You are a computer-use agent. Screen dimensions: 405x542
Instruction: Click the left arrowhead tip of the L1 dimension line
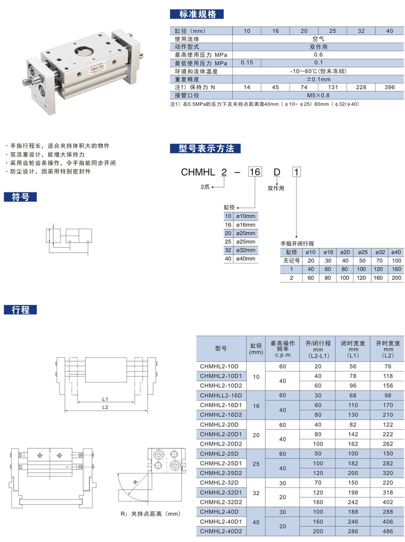[78, 402]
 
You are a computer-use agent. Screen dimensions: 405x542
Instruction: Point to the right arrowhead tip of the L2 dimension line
[148, 411]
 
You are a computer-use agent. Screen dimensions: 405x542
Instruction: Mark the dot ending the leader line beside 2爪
[213, 187]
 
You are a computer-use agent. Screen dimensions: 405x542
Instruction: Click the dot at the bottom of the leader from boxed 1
[296, 237]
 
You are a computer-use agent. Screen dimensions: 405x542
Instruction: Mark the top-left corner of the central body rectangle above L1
[85, 357]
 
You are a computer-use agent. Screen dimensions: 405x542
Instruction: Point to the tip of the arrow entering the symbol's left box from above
[53, 228]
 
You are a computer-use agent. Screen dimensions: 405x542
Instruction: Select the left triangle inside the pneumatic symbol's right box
[70, 241]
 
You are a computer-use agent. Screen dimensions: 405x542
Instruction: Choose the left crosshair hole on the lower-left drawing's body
[40, 455]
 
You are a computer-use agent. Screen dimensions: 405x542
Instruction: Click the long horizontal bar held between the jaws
[51, 502]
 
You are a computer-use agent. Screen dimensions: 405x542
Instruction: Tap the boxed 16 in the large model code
[255, 172]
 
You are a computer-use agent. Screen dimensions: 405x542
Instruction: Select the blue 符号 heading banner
[20, 197]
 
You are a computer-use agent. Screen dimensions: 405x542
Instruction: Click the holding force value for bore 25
[333, 87]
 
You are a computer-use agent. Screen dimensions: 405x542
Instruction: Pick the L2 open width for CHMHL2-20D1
[388, 434]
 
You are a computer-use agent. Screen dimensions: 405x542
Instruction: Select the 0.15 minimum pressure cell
[247, 63]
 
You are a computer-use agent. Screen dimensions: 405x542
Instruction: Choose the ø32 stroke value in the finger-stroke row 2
[378, 278]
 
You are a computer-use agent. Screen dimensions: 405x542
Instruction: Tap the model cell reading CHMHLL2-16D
[221, 395]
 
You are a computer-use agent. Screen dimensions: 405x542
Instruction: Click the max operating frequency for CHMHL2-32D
[283, 483]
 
